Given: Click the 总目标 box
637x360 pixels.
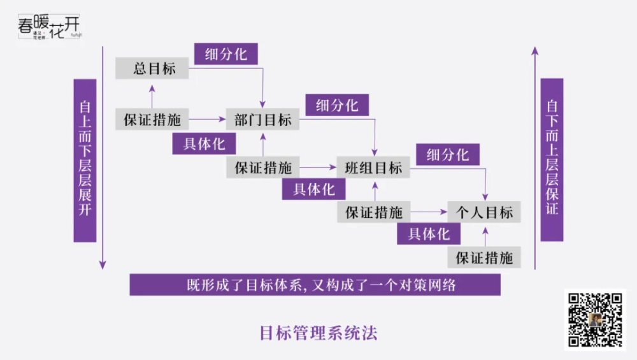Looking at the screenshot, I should [152, 69].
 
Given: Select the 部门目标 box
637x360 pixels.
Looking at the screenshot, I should [262, 119].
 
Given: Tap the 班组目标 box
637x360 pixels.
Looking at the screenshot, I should [373, 168].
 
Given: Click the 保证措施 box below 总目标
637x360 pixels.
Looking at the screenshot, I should [152, 119].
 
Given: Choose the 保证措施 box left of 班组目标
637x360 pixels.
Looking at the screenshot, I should [262, 168].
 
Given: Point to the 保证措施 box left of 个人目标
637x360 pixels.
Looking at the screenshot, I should [373, 212].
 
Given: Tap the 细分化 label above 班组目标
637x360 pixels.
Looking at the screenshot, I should [337, 105].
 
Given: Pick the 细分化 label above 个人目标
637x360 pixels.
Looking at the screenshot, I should [448, 155].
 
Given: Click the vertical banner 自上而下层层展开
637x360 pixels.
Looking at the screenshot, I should [85, 160].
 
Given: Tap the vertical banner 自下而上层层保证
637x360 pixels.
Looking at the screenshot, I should [552, 159].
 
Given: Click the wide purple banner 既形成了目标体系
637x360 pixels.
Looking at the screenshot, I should [315, 285].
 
